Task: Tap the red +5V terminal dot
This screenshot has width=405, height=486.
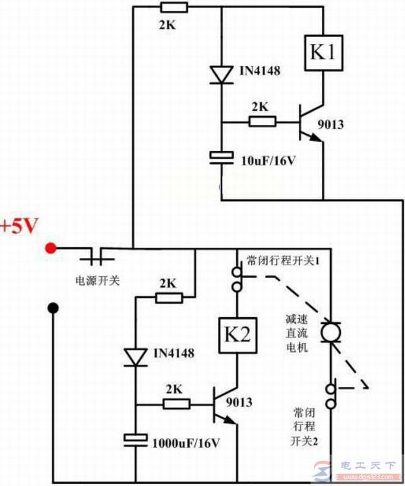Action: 50,248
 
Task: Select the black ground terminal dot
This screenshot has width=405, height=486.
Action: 53,308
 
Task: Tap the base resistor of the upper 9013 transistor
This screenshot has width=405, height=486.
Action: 262,122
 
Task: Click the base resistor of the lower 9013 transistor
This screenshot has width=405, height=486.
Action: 177,404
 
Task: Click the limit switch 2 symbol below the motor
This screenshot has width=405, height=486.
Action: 331,395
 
